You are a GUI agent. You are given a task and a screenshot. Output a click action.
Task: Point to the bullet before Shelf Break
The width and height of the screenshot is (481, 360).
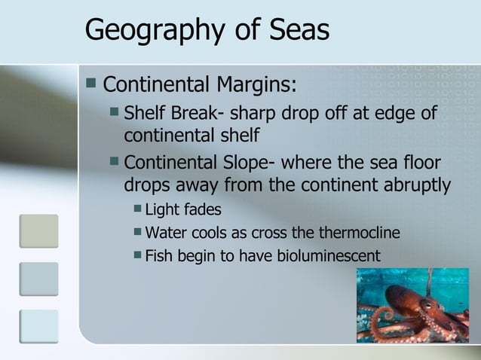pyautogui.click(x=114, y=114)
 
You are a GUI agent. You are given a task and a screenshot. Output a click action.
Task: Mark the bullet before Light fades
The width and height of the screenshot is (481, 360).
pyautogui.click(x=136, y=208)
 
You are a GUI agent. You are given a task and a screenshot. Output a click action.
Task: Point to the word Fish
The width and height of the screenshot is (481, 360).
pyautogui.click(x=158, y=255)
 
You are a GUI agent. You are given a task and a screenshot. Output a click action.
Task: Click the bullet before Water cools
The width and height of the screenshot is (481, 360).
pyautogui.click(x=136, y=231)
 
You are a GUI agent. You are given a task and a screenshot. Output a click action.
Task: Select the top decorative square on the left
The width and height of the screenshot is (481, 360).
pyautogui.click(x=38, y=230)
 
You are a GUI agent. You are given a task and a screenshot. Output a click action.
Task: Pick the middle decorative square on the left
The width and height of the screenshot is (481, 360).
pyautogui.click(x=38, y=279)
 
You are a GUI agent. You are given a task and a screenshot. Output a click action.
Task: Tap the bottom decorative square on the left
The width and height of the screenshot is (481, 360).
pyautogui.click(x=38, y=326)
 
